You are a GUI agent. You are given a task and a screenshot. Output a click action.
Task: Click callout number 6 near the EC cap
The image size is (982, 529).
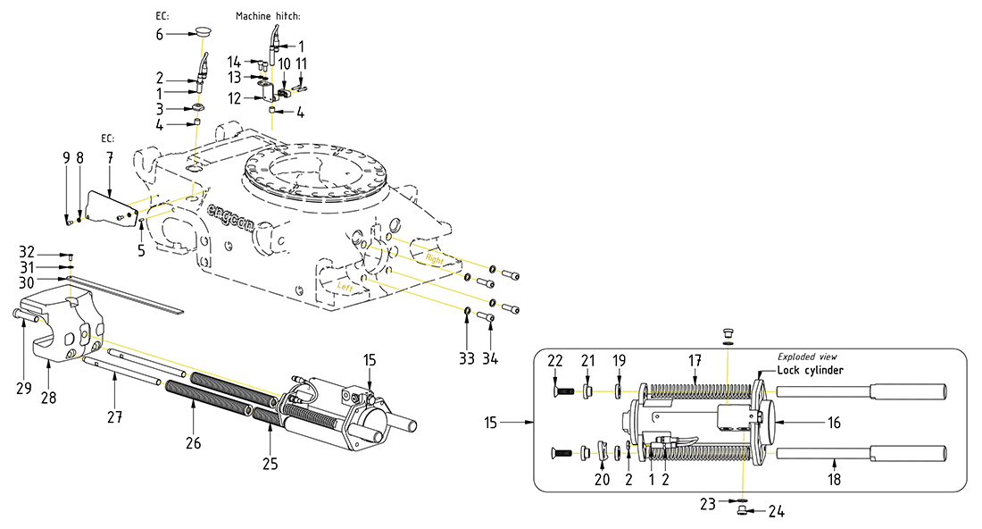[x=160, y=34]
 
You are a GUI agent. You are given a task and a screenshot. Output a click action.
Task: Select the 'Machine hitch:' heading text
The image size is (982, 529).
[x=268, y=16]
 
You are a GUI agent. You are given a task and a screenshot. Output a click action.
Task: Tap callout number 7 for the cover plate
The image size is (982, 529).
[x=110, y=156]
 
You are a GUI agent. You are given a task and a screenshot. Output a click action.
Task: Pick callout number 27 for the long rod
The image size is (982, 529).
[x=114, y=417]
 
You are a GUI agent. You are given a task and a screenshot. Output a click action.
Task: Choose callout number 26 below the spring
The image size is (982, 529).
[x=193, y=442]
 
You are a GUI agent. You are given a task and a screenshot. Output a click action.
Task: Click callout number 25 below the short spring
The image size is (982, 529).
[x=270, y=463]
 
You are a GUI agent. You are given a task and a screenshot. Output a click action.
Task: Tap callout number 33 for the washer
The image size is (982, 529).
[x=467, y=358]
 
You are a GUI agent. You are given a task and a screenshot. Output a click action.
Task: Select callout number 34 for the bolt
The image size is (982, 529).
[x=490, y=358]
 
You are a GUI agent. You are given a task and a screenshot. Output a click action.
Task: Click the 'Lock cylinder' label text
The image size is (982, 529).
[x=810, y=370]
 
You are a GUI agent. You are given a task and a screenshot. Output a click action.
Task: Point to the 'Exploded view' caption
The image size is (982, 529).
[x=807, y=357]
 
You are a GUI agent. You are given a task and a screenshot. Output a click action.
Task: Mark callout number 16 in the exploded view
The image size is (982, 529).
[x=834, y=423]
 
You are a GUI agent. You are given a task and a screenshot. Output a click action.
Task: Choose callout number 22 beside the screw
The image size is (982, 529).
[x=555, y=360]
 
